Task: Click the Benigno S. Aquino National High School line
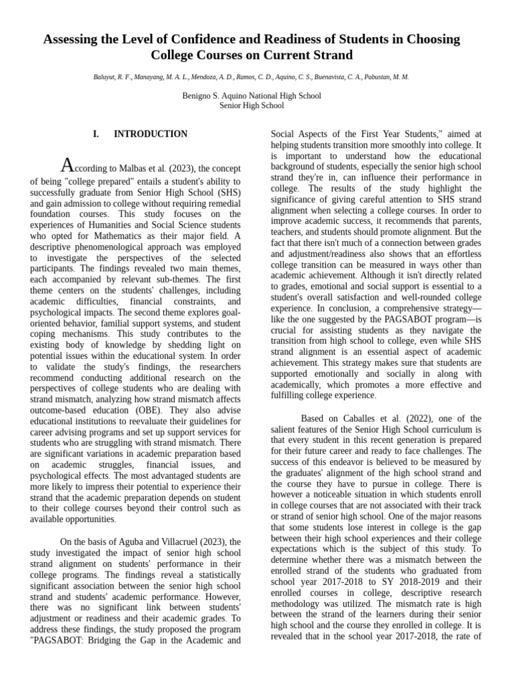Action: click(251, 96)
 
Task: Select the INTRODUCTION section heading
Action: click(151, 134)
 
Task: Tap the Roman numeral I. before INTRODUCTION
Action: click(96, 134)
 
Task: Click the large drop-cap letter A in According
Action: click(67, 165)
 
